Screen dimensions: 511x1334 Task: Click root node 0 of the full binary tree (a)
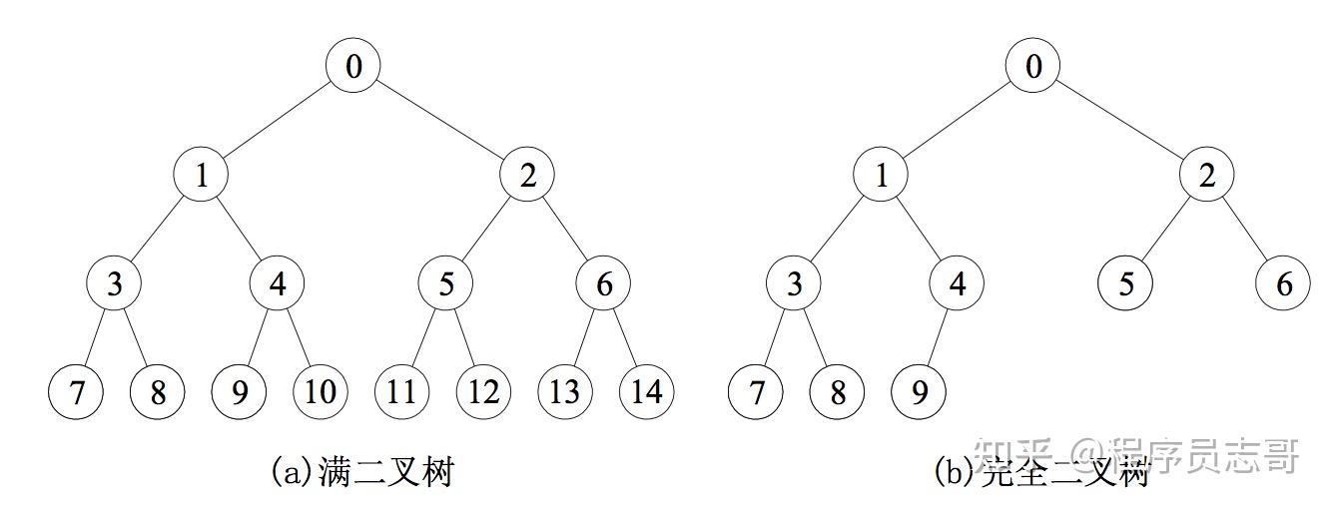click(x=353, y=67)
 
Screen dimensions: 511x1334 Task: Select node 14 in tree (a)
click(x=646, y=391)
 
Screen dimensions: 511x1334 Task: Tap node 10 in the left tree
click(x=320, y=391)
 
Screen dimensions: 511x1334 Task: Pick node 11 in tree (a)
click(x=401, y=391)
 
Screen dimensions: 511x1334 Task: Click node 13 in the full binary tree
click(x=564, y=391)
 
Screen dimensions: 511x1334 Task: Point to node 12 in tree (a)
click(x=483, y=391)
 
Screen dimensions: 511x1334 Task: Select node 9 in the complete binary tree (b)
click(x=919, y=391)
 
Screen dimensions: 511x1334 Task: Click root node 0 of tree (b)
click(x=1032, y=67)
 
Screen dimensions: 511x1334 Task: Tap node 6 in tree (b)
click(x=1283, y=284)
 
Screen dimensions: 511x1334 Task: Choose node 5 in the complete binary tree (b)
click(x=1125, y=284)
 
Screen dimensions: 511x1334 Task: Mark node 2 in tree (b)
click(x=1207, y=177)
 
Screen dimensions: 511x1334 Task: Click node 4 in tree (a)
click(x=277, y=284)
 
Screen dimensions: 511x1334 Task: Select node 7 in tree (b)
click(x=756, y=391)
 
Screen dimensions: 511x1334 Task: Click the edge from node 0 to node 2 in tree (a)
click(x=440, y=122)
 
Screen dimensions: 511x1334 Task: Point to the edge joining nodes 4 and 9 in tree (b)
click(x=938, y=338)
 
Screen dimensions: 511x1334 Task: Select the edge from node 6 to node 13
click(x=584, y=338)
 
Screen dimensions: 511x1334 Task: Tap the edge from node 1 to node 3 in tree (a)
click(x=158, y=231)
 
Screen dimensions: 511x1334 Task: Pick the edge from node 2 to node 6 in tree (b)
click(x=1245, y=231)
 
